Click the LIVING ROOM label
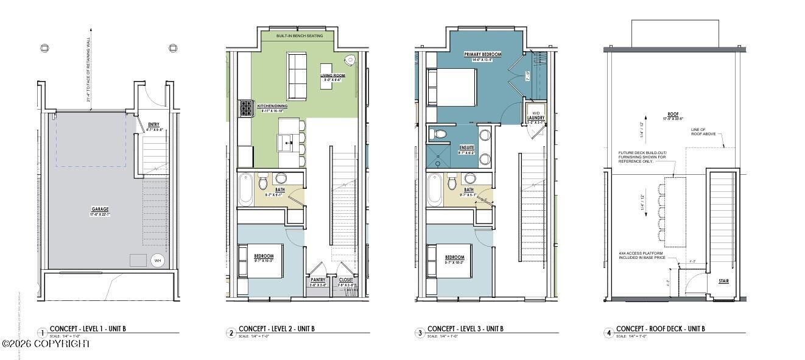[x=332, y=76]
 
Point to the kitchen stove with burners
[x=246, y=108]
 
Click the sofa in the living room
[x=297, y=76]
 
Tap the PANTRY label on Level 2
[x=318, y=280]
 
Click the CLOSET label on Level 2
[x=346, y=280]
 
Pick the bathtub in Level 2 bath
[x=245, y=189]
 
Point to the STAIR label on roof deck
[x=723, y=281]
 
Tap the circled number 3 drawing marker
[x=420, y=333]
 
